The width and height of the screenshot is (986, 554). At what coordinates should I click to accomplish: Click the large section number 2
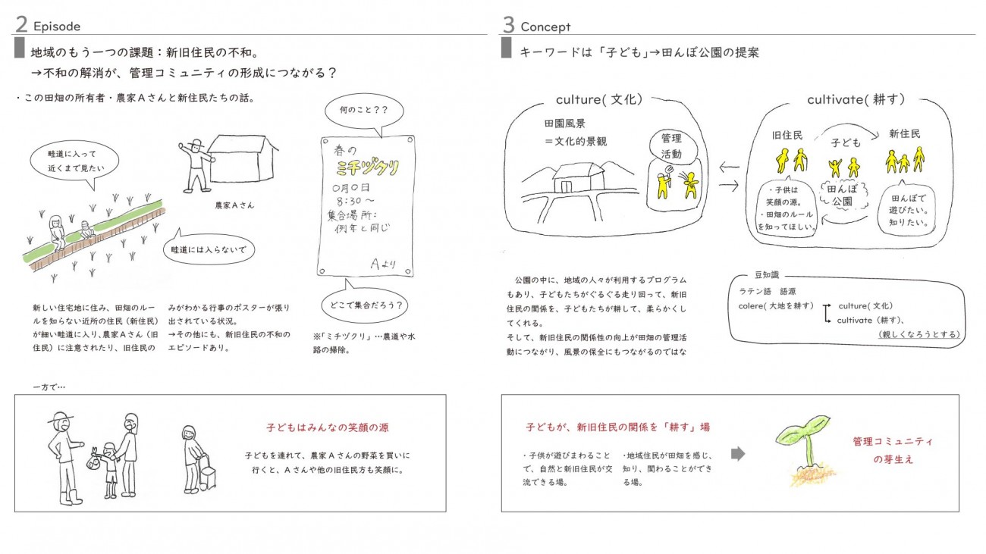pyautogui.click(x=21, y=24)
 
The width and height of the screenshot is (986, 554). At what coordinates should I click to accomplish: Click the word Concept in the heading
pyautogui.click(x=545, y=27)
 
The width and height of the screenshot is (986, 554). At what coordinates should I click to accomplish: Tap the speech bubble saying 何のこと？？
pyautogui.click(x=364, y=111)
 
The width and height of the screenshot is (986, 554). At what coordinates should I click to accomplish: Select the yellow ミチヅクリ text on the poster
pyautogui.click(x=367, y=167)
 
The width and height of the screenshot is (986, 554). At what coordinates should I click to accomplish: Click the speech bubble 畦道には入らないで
pyautogui.click(x=209, y=249)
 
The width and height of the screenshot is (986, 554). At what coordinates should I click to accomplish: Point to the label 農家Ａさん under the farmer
pyautogui.click(x=234, y=205)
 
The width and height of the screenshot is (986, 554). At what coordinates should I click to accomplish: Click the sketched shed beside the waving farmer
pyautogui.click(x=242, y=158)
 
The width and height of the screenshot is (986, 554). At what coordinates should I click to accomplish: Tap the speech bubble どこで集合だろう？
pyautogui.click(x=365, y=303)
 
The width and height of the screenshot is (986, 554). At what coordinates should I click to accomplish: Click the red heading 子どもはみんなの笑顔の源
pyautogui.click(x=328, y=427)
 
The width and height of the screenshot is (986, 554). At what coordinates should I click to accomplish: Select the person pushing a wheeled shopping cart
pyautogui.click(x=198, y=459)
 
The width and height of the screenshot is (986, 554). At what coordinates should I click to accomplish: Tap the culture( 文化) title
pyautogui.click(x=598, y=100)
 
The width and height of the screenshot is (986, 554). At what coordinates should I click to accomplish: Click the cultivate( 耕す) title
pyautogui.click(x=856, y=100)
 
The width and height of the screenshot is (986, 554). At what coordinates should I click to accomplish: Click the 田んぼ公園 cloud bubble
pyautogui.click(x=843, y=196)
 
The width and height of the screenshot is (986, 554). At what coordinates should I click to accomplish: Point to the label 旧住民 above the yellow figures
pyautogui.click(x=787, y=136)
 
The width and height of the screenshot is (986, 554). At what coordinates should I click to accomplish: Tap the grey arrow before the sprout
pyautogui.click(x=738, y=454)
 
